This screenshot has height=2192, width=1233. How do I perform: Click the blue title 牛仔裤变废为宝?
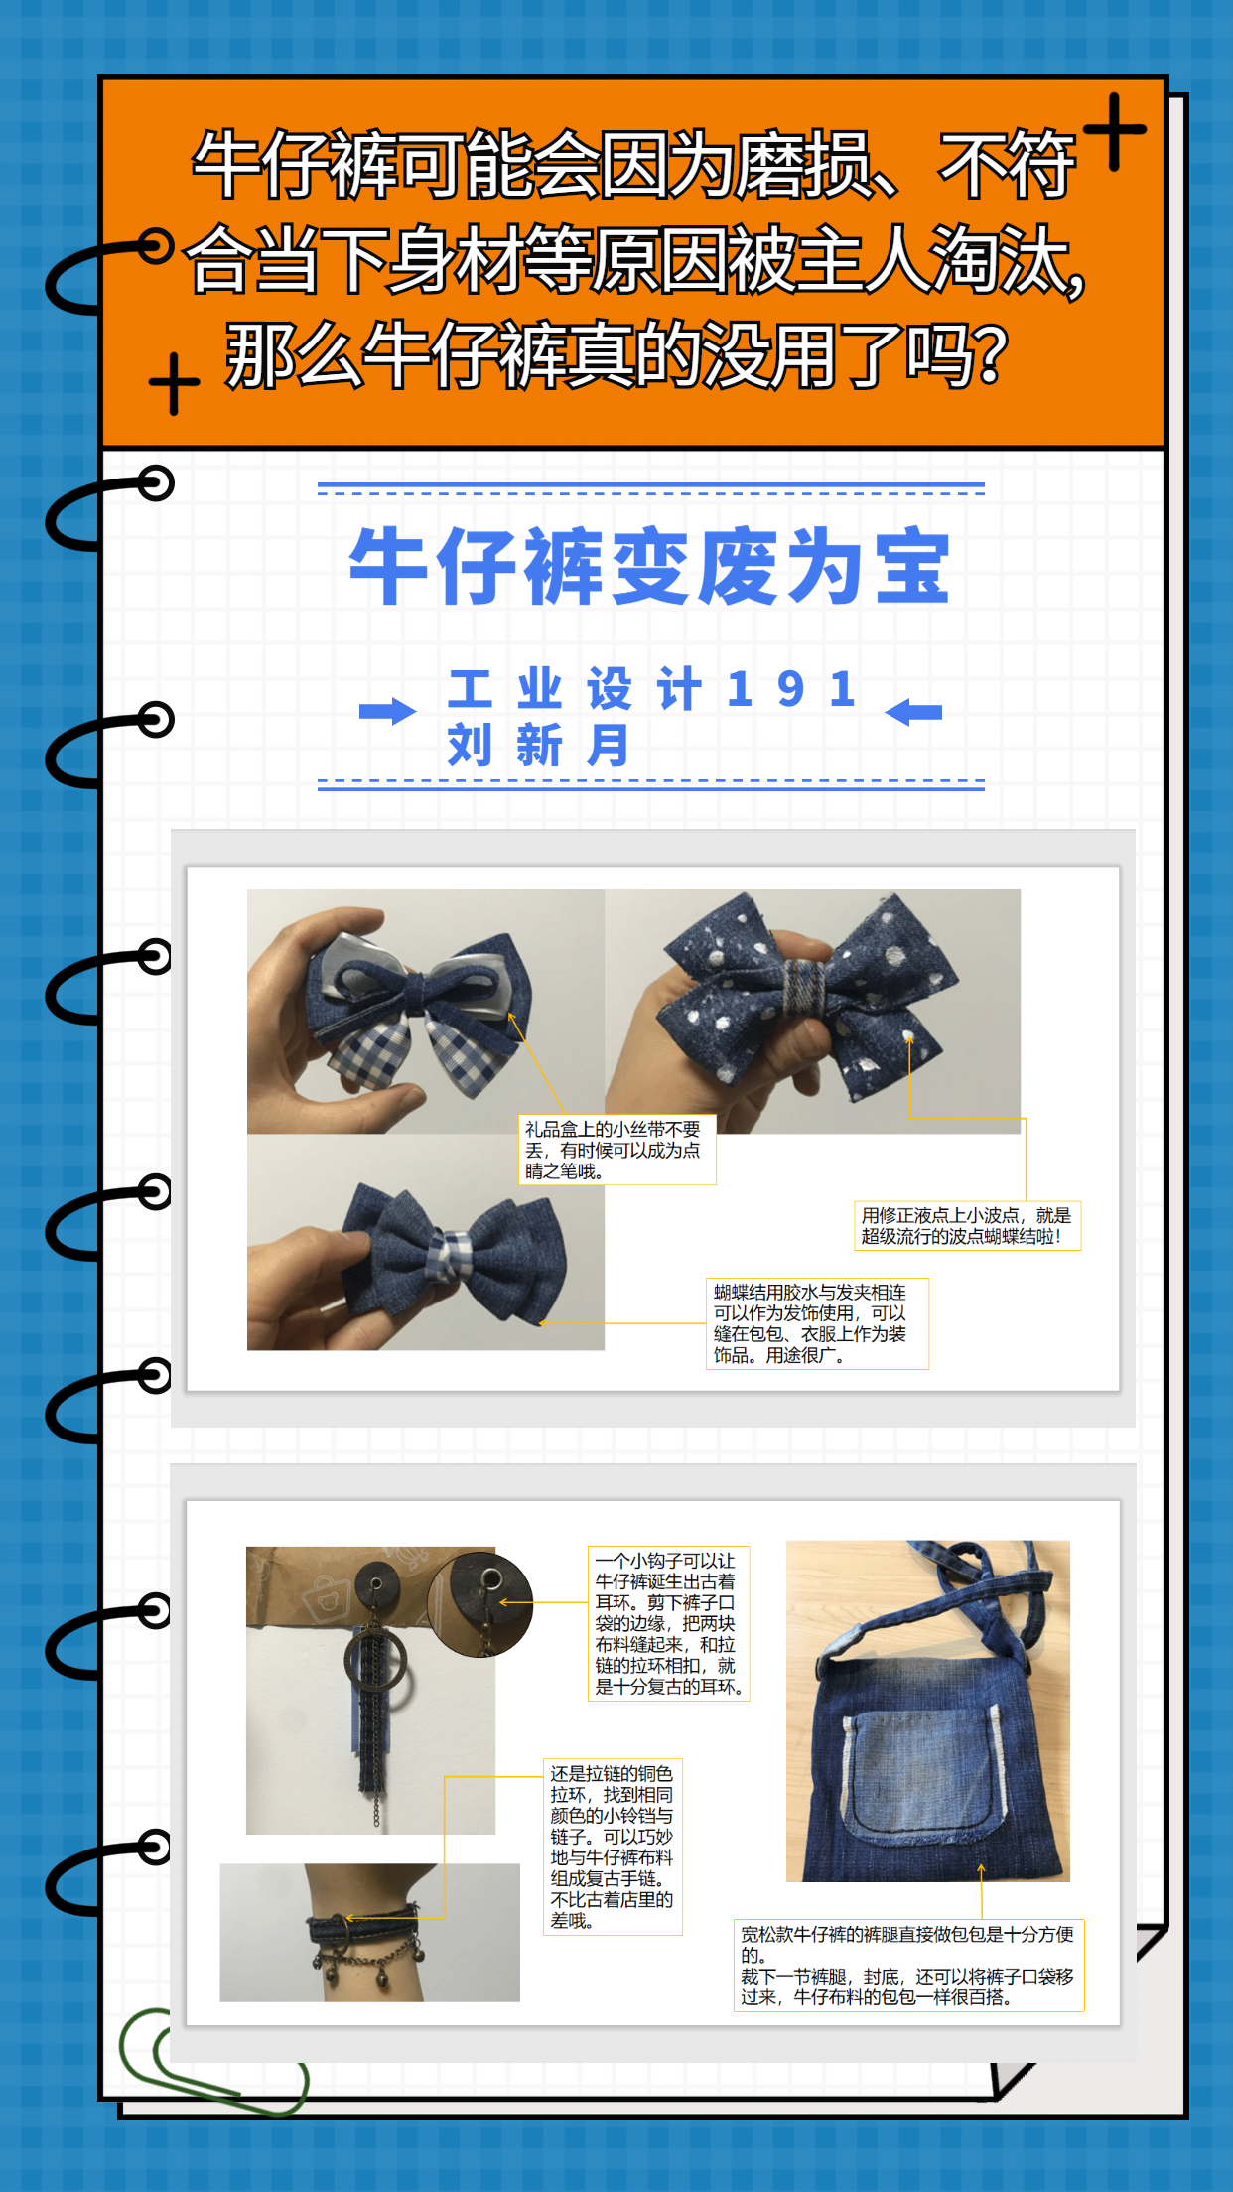pos(650,566)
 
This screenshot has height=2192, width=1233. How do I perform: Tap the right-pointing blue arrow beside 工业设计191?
pos(388,711)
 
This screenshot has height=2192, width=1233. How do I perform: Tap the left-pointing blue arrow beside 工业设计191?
pos(913,712)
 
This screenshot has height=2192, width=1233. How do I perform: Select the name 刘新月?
pos(538,745)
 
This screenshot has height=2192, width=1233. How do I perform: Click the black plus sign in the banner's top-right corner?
pos(1115,131)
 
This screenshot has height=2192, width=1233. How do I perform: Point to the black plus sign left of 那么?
pos(174,383)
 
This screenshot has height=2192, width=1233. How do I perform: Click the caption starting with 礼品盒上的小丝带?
pos(616,1150)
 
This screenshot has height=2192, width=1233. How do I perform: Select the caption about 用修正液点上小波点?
pos(967,1225)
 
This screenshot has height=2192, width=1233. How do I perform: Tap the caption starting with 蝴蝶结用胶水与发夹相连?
pos(817,1323)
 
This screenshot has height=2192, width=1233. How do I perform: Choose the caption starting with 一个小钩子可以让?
pos(668,1623)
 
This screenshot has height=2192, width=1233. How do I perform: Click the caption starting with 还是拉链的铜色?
pos(613,1847)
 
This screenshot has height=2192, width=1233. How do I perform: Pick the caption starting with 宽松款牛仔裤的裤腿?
pos(908,1966)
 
